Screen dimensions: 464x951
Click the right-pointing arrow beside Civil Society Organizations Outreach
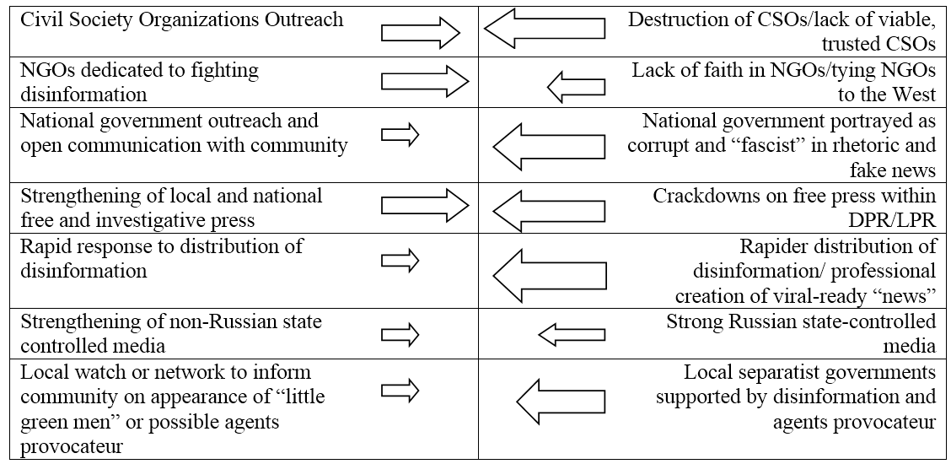click(421, 34)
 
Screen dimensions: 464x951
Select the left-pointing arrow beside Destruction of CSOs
click(544, 34)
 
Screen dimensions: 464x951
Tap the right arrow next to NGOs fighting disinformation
click(424, 83)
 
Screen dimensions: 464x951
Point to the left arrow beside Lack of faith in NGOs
click(576, 85)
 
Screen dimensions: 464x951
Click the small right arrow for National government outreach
click(400, 135)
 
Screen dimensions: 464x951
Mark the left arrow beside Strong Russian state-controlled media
click(572, 336)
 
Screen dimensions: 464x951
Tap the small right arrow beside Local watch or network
click(400, 390)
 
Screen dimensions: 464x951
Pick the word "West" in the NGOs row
click(911, 94)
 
